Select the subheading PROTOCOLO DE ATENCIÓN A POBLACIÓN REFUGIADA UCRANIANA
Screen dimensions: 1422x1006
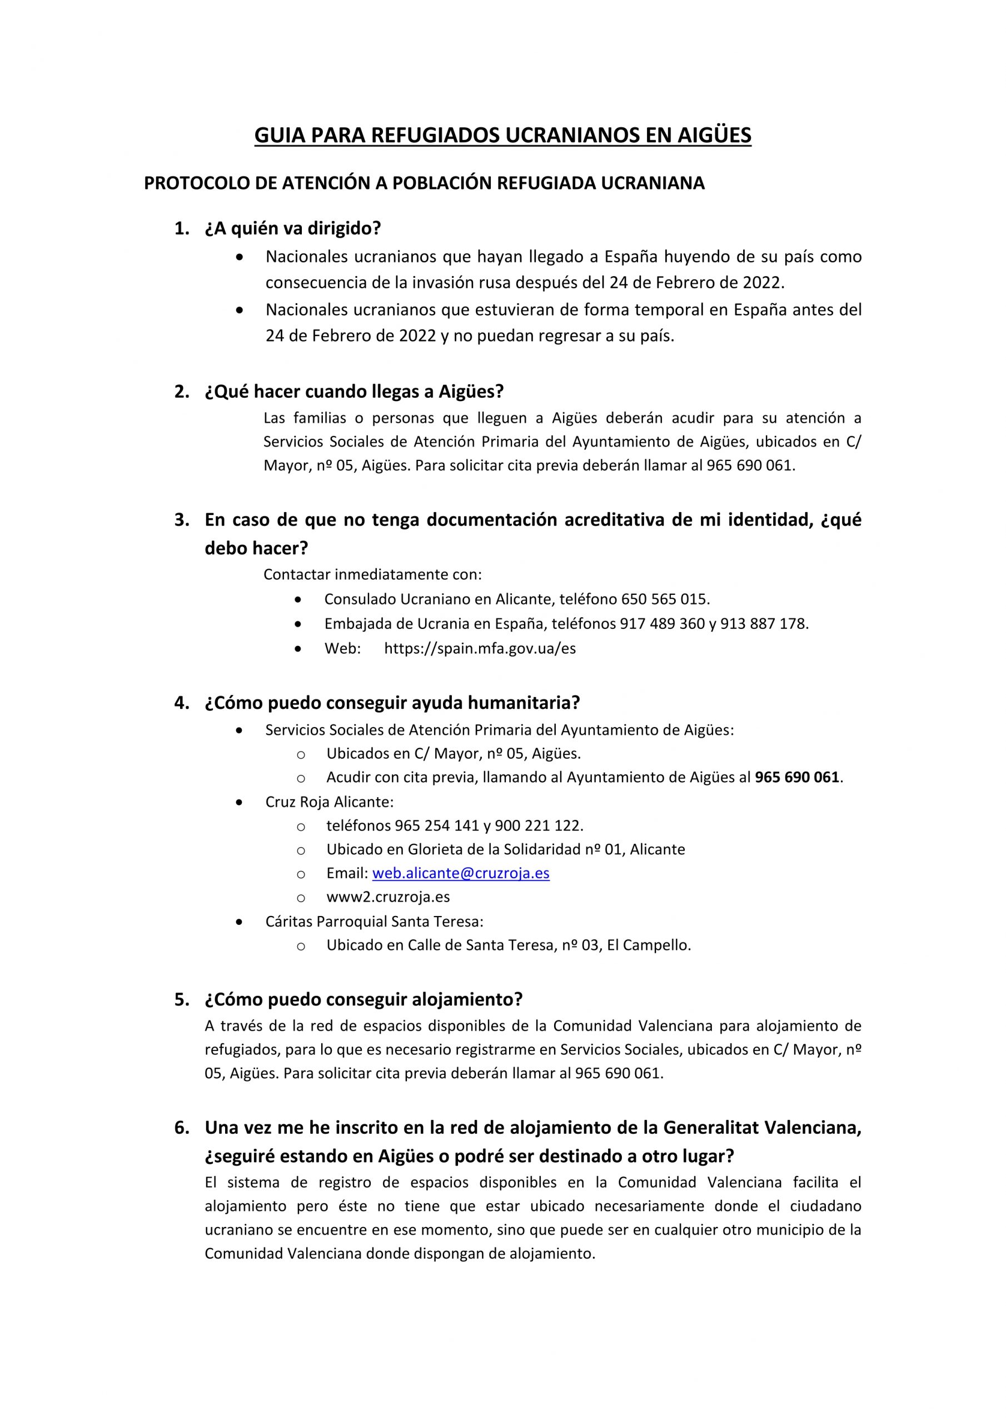[x=424, y=183]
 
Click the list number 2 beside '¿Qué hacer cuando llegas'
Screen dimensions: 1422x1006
[x=181, y=392]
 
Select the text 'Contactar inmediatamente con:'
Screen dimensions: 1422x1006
[x=372, y=574]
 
